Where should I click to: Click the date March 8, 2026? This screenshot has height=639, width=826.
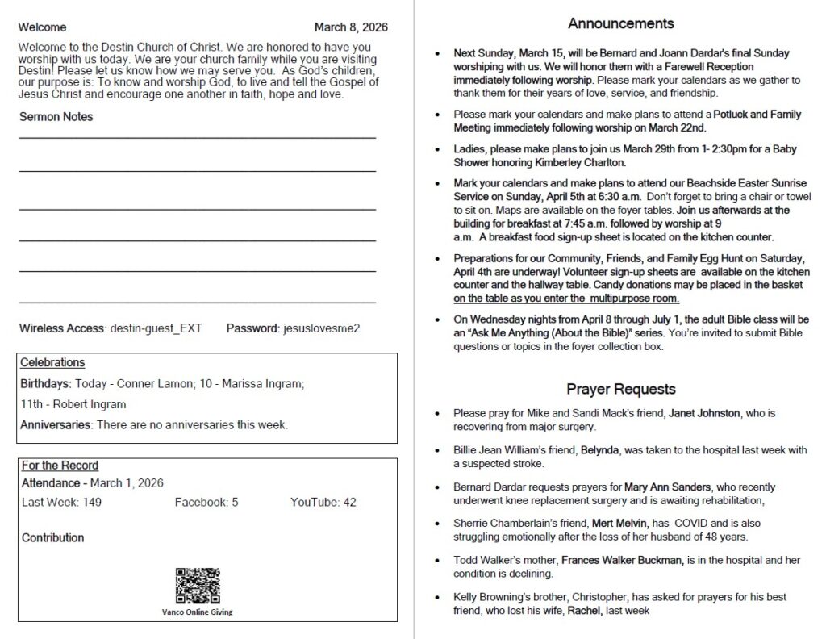tap(351, 27)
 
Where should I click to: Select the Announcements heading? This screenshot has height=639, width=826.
tap(620, 23)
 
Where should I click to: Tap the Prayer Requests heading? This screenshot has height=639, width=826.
tap(620, 389)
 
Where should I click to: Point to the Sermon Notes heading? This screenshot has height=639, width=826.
tap(56, 117)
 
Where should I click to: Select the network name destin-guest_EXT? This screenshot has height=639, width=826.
tap(156, 328)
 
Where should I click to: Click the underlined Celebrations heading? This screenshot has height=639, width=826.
tap(52, 363)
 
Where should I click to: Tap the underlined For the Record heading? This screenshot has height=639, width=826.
tap(60, 466)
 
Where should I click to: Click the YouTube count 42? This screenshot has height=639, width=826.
tap(349, 503)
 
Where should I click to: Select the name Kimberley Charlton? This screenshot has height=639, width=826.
tap(580, 162)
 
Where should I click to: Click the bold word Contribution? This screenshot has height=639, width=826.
tap(52, 538)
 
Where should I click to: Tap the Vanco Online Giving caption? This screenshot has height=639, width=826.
tap(198, 612)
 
